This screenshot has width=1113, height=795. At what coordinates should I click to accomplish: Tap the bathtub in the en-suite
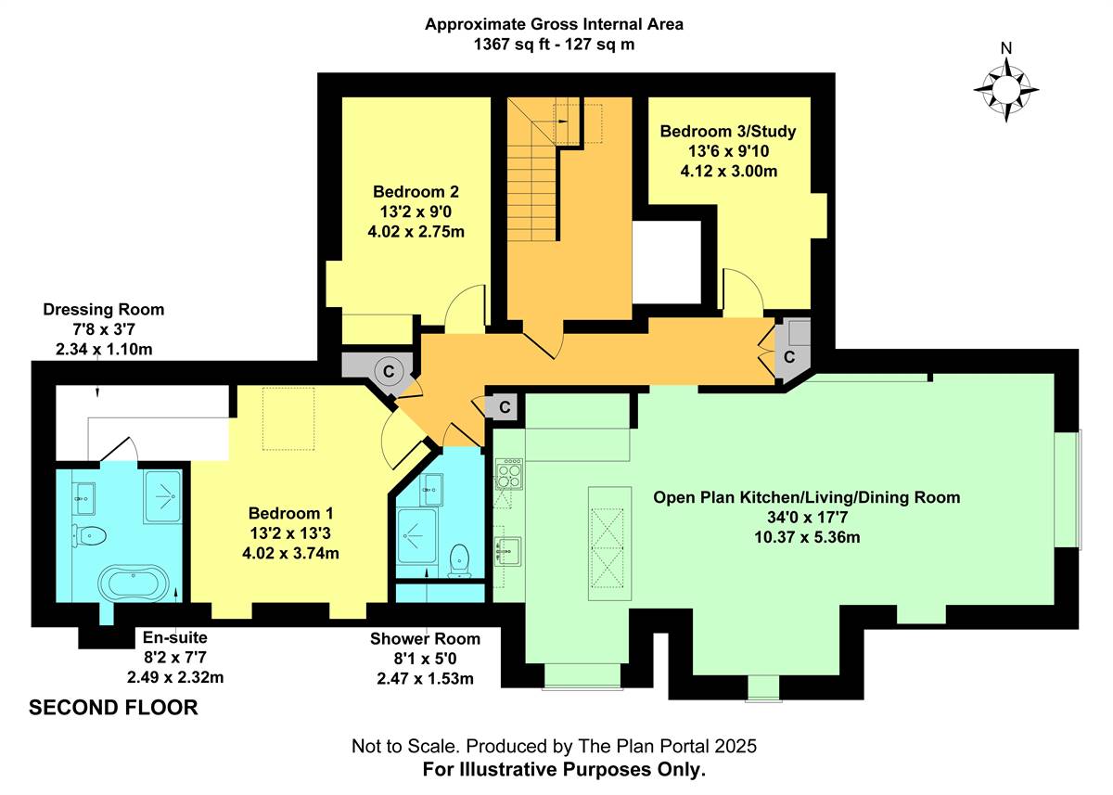(134, 583)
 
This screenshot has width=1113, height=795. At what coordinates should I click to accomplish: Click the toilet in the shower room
(459, 561)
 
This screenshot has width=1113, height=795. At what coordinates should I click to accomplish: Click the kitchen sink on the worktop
(508, 551)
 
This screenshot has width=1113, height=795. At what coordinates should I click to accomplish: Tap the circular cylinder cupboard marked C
(389, 371)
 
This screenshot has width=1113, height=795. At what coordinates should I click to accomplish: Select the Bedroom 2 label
(416, 192)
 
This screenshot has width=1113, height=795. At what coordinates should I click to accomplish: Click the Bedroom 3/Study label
(728, 131)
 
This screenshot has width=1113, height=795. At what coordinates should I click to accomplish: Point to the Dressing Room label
(103, 309)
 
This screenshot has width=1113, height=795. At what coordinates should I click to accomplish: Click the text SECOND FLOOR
(113, 708)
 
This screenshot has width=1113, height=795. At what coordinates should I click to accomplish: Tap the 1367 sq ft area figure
(512, 45)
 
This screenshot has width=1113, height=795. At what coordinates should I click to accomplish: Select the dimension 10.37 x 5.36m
(807, 537)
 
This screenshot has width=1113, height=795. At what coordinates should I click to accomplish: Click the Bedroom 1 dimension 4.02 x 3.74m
(290, 553)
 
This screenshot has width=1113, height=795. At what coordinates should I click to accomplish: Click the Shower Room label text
(426, 638)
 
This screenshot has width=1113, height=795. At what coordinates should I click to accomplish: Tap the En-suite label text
(175, 637)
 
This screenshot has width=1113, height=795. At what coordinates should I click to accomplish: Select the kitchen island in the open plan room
(609, 544)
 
